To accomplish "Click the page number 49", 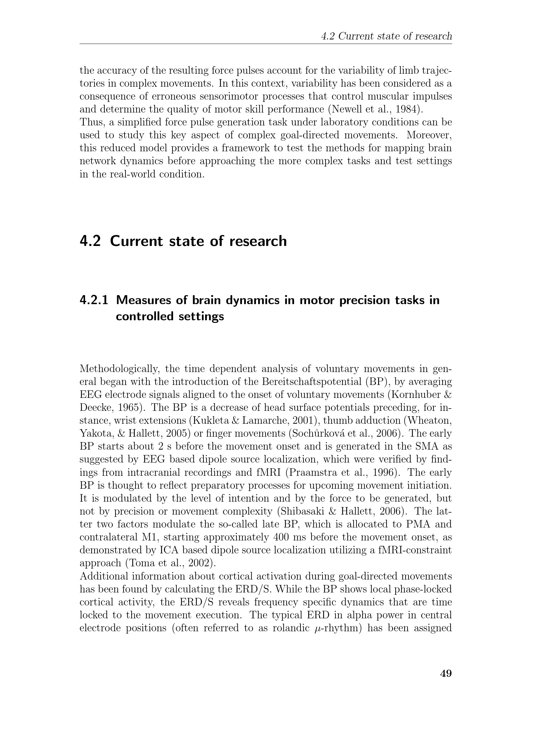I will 446,673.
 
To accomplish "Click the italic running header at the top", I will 387,36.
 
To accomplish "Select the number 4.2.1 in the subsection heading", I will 93,300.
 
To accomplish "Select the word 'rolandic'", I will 289,628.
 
